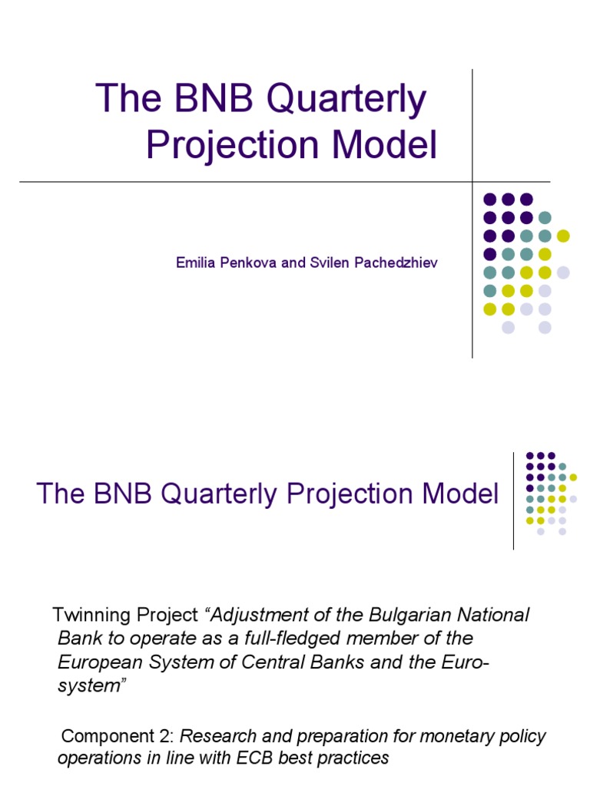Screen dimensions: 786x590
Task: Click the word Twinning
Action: pyautogui.click(x=85, y=616)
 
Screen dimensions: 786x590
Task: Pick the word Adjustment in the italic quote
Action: pyautogui.click(x=254, y=616)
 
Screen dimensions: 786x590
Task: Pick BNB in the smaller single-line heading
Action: pyautogui.click(x=125, y=494)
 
